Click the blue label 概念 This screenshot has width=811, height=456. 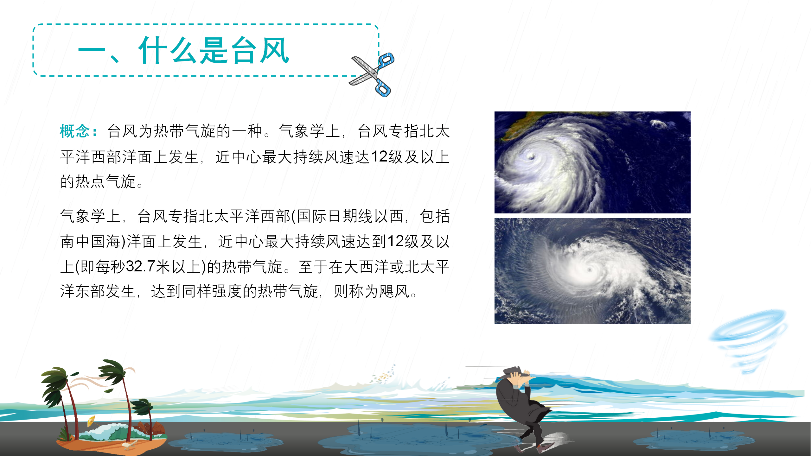pyautogui.click(x=75, y=131)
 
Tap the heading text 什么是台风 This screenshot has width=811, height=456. pyautogui.click(x=214, y=50)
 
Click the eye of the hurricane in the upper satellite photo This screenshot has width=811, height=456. pyautogui.click(x=531, y=156)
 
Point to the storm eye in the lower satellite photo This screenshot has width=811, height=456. pyautogui.click(x=590, y=270)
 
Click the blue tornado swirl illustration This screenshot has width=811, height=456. pyautogui.click(x=748, y=341)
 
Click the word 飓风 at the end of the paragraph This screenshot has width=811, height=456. pyautogui.click(x=395, y=291)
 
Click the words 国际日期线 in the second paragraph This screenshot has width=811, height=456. pyautogui.click(x=335, y=216)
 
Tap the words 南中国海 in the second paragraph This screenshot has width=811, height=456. pyautogui.click(x=90, y=242)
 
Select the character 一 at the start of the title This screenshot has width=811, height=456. pyautogui.click(x=92, y=50)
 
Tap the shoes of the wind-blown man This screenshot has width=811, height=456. pyautogui.click(x=532, y=446)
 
